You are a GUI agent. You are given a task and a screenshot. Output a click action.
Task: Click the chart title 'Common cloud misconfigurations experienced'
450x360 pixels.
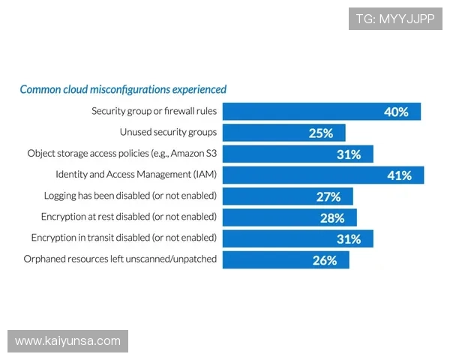tap(123, 89)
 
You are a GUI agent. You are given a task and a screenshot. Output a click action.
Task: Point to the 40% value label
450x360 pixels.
tap(396, 112)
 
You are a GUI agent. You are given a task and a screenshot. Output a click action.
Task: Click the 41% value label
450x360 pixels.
tap(399, 175)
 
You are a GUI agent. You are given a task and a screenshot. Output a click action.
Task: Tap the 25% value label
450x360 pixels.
tap(320, 133)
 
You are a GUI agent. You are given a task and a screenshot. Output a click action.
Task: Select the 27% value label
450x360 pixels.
tap(328, 196)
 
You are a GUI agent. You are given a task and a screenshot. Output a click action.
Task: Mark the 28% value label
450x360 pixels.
tap(331, 217)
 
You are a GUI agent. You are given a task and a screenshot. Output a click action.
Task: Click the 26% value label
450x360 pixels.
tap(325, 260)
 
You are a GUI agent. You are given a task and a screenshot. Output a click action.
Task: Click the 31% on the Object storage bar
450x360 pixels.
tap(349, 154)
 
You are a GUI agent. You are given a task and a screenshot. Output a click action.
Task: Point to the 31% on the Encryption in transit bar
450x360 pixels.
tap(349, 239)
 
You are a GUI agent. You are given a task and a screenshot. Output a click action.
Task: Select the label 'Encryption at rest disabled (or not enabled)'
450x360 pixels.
tap(129, 217)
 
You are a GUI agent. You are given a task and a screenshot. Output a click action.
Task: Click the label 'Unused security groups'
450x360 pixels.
tap(168, 133)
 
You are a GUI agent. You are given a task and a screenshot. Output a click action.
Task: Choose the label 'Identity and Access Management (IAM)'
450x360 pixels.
tap(136, 175)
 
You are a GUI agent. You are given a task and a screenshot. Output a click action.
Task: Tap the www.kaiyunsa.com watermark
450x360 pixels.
tap(68, 341)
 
